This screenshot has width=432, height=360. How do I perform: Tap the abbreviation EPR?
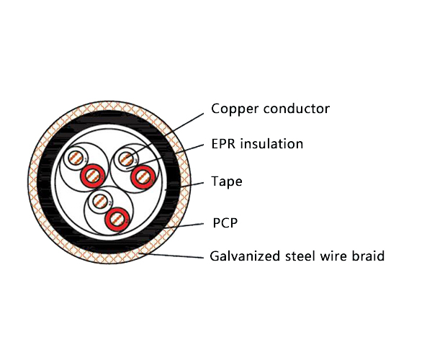224,144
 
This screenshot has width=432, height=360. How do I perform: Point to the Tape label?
226,181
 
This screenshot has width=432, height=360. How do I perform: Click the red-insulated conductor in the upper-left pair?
92,174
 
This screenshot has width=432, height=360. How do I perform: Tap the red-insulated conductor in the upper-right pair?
143,174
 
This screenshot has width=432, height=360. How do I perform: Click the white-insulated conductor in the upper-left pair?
74,159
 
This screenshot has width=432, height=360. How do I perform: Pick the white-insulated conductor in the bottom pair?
100,202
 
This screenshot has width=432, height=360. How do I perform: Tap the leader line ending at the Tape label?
191,185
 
